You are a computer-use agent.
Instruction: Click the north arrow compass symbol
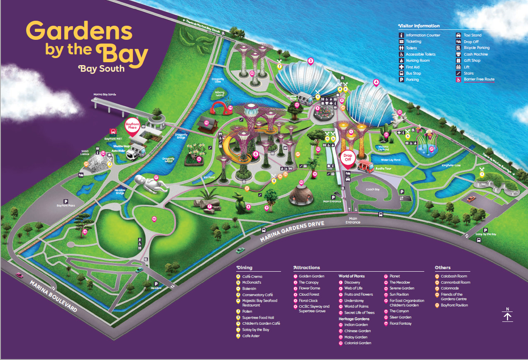tap(508, 315)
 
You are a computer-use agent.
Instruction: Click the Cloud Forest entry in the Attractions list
tap(310, 294)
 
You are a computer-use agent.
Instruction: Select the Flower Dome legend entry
tap(310, 288)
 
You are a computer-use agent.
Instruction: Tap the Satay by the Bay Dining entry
tap(255, 330)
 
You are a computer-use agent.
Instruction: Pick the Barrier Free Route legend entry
tap(479, 79)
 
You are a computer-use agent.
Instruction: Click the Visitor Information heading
tap(418, 26)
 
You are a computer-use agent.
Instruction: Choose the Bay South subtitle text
tap(101, 68)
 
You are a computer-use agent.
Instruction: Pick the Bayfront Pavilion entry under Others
tap(452, 305)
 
